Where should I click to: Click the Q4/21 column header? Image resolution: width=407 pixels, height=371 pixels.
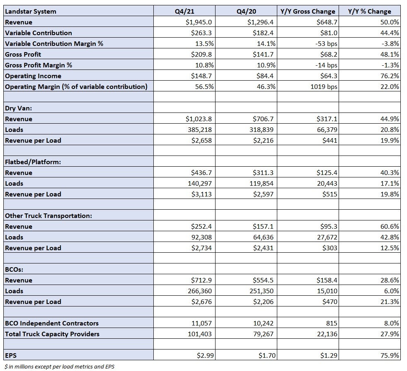(184, 12)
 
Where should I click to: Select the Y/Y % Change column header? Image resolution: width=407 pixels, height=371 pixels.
(369, 12)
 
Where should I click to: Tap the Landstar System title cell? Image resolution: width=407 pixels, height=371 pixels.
(30, 12)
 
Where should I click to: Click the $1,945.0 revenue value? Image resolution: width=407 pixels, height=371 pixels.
(199, 22)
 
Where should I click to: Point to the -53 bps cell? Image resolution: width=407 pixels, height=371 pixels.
(326, 44)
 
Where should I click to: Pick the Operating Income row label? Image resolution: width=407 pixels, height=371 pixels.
(33, 76)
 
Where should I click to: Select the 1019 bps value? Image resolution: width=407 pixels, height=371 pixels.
(324, 86)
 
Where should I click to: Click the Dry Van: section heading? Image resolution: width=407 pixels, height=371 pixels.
(18, 108)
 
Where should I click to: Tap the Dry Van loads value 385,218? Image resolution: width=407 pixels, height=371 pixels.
(200, 129)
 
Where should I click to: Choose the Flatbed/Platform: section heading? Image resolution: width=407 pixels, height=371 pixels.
(33, 162)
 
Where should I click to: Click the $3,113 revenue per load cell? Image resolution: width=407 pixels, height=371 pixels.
(201, 194)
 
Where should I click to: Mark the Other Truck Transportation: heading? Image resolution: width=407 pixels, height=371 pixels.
(48, 216)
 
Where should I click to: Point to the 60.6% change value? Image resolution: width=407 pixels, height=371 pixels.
(390, 226)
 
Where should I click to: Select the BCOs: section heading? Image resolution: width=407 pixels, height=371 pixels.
(14, 269)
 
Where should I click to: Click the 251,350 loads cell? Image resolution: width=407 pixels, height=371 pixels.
(262, 291)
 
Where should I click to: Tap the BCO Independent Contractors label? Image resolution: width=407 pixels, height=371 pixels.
(52, 323)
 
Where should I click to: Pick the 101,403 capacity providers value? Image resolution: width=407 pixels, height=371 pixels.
(200, 334)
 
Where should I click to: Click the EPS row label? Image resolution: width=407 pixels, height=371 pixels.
(11, 355)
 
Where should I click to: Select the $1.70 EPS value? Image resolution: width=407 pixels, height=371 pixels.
(267, 355)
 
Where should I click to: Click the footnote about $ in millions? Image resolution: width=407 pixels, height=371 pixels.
(59, 366)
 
